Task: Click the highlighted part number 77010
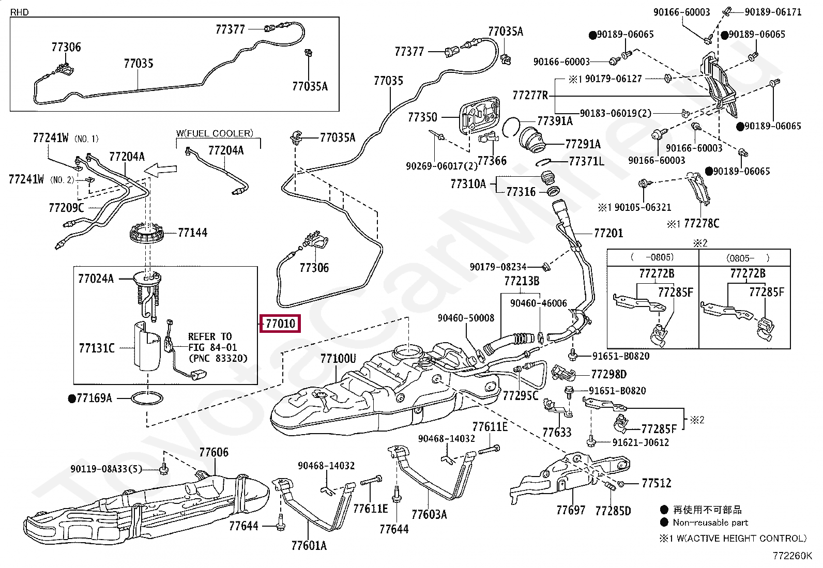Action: click(281, 324)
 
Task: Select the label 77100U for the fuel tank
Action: click(338, 358)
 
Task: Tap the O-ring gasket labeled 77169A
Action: click(149, 398)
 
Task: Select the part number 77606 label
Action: click(214, 452)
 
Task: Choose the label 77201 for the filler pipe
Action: click(608, 233)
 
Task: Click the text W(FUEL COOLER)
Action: click(215, 133)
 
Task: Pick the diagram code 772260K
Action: click(792, 556)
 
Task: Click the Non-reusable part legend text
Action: click(710, 523)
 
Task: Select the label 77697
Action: click(571, 510)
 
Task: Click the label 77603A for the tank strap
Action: click(429, 514)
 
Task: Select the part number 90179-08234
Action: click(498, 267)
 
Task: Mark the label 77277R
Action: click(530, 96)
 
